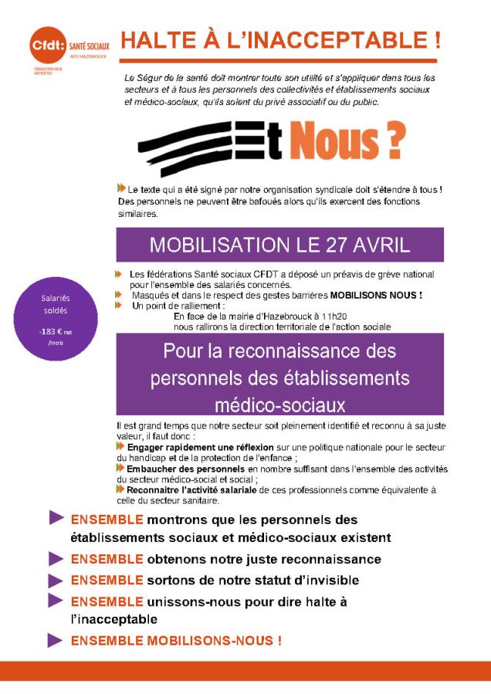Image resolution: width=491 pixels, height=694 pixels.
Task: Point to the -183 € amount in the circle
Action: [52, 331]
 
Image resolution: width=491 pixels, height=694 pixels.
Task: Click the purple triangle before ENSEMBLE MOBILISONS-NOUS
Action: [56, 640]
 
